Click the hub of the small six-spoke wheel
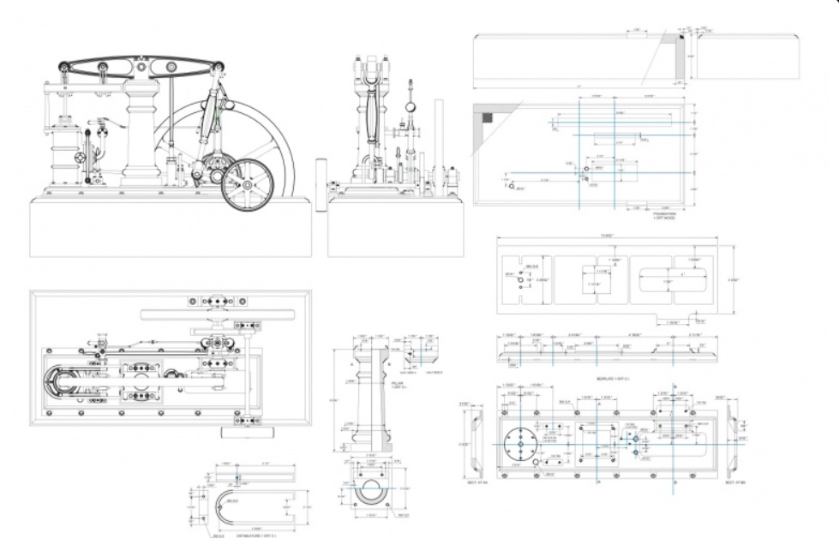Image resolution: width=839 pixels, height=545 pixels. [246, 186]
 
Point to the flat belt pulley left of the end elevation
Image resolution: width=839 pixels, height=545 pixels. [321, 183]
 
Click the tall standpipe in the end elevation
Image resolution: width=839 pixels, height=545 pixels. [439, 146]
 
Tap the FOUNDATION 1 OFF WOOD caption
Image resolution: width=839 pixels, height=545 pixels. [665, 216]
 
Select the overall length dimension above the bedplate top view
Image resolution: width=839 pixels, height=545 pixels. [613, 237]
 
